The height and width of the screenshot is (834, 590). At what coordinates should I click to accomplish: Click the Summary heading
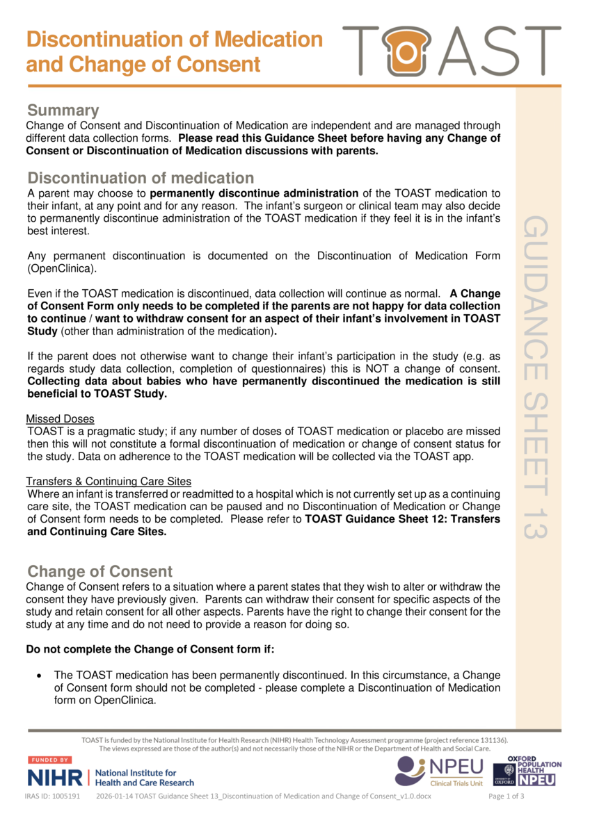click(x=63, y=111)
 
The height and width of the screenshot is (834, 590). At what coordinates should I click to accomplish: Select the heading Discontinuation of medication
click(x=141, y=178)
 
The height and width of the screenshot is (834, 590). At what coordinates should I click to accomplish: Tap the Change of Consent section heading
click(x=99, y=571)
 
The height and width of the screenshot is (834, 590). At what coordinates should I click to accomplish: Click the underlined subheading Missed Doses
click(x=60, y=419)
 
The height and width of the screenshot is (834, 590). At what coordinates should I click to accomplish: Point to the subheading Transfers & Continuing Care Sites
click(x=109, y=482)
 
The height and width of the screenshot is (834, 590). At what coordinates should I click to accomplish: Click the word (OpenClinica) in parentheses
click(x=61, y=268)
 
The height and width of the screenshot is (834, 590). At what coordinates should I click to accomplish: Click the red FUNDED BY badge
click(x=49, y=760)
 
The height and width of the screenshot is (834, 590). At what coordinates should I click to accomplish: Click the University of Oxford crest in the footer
click(x=504, y=774)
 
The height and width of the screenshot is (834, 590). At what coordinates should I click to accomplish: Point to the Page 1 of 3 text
click(x=507, y=796)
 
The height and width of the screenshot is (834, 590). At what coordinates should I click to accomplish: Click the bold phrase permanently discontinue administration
click(x=254, y=193)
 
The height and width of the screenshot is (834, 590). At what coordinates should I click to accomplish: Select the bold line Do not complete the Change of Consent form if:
click(x=150, y=651)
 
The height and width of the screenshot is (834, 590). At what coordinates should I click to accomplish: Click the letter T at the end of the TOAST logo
click(x=539, y=51)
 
